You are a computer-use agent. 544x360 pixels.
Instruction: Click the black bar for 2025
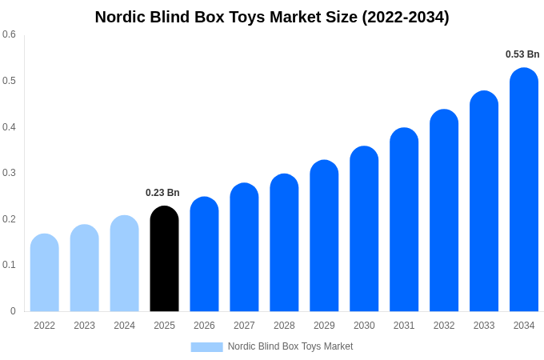pos(164,260)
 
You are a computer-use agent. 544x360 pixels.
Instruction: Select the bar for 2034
pos(524,192)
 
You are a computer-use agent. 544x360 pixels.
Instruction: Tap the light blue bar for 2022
pos(45,274)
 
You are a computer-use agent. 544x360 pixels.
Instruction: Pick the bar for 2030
pos(364,230)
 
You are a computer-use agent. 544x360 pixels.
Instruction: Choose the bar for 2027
pos(244,248)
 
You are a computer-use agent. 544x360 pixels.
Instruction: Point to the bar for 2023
pos(84,269)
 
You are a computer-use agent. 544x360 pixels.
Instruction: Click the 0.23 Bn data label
pos(162,193)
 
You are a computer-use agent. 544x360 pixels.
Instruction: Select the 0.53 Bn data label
pos(522,54)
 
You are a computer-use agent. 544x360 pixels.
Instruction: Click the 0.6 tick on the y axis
pos(9,34)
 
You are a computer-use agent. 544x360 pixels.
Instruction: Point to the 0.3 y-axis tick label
pos(9,173)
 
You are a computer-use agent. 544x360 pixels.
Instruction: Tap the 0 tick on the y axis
pos(13,311)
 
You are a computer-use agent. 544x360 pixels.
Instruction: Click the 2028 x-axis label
pos(284,326)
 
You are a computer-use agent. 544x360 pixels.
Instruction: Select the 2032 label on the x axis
pos(444,326)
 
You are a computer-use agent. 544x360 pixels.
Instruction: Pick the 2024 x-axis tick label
pos(124,326)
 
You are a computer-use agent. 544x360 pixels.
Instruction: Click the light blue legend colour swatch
pos(206,346)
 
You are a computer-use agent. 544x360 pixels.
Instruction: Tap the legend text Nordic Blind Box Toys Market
pos(290,346)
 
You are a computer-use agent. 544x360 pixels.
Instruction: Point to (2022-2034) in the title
pos(406,17)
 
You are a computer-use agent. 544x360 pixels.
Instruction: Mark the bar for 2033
pos(484,202)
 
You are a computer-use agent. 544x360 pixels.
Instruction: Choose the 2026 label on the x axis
pos(204,326)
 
